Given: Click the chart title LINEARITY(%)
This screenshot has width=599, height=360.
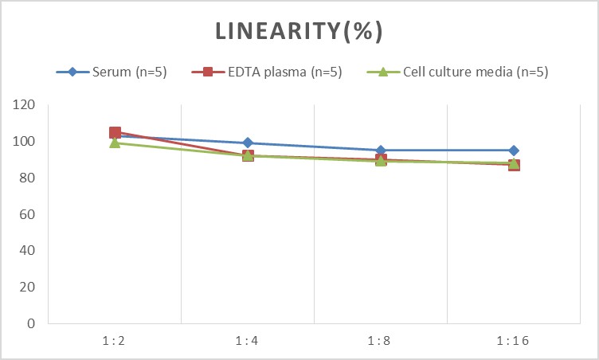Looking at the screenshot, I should point(299,30).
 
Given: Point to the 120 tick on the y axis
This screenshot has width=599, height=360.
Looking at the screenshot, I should point(26,105).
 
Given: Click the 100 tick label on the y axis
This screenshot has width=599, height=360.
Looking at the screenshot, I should point(26,142).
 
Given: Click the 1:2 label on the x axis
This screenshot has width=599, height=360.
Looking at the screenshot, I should point(115,340).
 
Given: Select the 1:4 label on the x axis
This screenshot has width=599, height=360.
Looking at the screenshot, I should point(248,340).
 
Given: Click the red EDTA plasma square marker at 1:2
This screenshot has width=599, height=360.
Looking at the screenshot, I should point(115,133).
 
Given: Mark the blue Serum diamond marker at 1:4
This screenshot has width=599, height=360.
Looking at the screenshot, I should point(248,143).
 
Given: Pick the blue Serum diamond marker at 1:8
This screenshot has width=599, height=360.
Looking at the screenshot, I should point(381,151).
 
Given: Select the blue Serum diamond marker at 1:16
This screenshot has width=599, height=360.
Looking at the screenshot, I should point(514,151).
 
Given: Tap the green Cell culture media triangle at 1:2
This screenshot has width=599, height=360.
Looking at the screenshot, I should point(115,143).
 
